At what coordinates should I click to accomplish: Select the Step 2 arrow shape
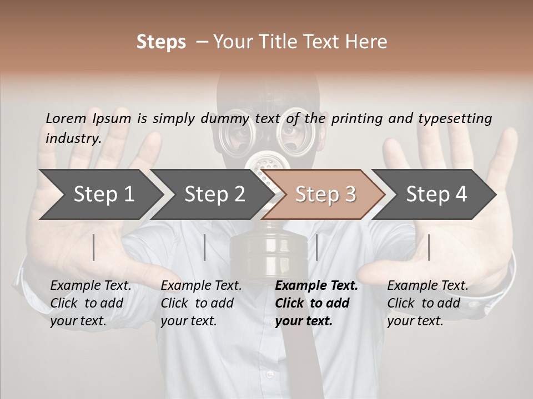[214, 195]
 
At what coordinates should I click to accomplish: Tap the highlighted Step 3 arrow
[325, 195]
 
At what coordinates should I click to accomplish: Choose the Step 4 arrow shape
[436, 195]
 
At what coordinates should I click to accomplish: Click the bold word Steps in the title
[161, 42]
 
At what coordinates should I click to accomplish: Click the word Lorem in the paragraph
[66, 118]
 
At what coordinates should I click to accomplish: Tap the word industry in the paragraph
[73, 138]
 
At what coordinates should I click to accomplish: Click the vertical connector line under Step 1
[94, 247]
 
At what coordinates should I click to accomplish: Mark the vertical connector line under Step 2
[205, 247]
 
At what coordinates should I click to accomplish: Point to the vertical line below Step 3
[316, 247]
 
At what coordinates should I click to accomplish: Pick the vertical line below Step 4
[429, 247]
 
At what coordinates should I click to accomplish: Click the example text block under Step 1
[90, 303]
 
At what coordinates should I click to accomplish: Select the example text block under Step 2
[201, 303]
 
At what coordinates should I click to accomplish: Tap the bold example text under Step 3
[316, 303]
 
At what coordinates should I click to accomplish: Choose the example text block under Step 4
[428, 303]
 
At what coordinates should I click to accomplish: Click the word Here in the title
[367, 42]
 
